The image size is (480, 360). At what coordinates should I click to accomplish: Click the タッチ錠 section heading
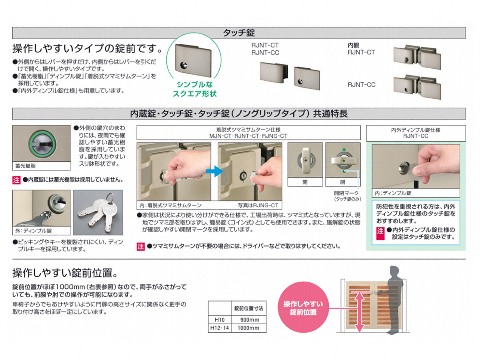[x=239, y=33]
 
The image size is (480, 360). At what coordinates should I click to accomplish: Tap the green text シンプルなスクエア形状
[x=194, y=89]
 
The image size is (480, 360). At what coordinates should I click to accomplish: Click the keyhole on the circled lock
[x=184, y=65]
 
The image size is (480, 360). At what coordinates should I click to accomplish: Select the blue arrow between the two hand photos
[x=214, y=171]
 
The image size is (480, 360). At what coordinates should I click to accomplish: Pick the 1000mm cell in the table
[x=248, y=328]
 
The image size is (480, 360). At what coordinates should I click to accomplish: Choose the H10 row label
[x=220, y=320]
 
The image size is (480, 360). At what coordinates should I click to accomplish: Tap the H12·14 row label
[x=220, y=328]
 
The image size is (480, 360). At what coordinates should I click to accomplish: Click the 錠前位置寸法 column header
[x=249, y=308]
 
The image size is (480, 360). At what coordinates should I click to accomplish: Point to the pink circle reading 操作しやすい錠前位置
[x=303, y=307]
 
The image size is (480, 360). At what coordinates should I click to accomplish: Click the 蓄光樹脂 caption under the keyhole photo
[x=25, y=166]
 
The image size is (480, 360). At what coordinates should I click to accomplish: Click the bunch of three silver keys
[x=98, y=212]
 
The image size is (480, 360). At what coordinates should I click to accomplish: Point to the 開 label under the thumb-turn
[x=305, y=182]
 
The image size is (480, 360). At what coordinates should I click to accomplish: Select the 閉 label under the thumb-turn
[x=343, y=182]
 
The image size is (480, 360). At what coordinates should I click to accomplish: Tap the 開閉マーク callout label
[x=346, y=193]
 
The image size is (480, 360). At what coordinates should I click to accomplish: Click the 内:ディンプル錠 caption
[x=393, y=193]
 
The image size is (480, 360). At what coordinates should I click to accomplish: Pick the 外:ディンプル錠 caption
[x=34, y=231]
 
